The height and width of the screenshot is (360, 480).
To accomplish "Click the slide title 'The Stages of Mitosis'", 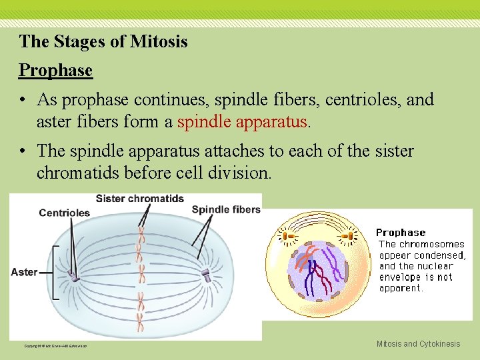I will pyautogui.click(x=103, y=41).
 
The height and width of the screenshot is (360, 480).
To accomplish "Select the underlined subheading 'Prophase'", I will pyautogui.click(x=55, y=69).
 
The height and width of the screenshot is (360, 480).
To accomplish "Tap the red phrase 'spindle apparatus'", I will pyautogui.click(x=243, y=122).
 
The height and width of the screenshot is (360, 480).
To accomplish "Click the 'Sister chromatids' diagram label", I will pyautogui.click(x=139, y=199).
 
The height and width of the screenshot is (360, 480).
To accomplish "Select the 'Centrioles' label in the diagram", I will pyautogui.click(x=64, y=213).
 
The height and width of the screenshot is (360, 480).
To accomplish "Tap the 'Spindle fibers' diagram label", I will pyautogui.click(x=226, y=209).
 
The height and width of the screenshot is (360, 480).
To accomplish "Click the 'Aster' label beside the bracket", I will pyautogui.click(x=24, y=272).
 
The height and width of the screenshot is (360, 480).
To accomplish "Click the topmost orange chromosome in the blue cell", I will pyautogui.click(x=141, y=233).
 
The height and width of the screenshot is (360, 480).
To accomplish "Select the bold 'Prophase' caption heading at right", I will pyautogui.click(x=400, y=233).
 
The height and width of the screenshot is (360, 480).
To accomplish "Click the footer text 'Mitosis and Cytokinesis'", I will pyautogui.click(x=418, y=344).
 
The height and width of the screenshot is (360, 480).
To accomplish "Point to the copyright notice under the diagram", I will pyautogui.click(x=55, y=345).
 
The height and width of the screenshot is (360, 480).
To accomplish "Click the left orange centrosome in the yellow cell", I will pyautogui.click(x=289, y=235).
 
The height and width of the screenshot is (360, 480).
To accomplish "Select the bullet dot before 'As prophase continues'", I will pyautogui.click(x=23, y=101).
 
